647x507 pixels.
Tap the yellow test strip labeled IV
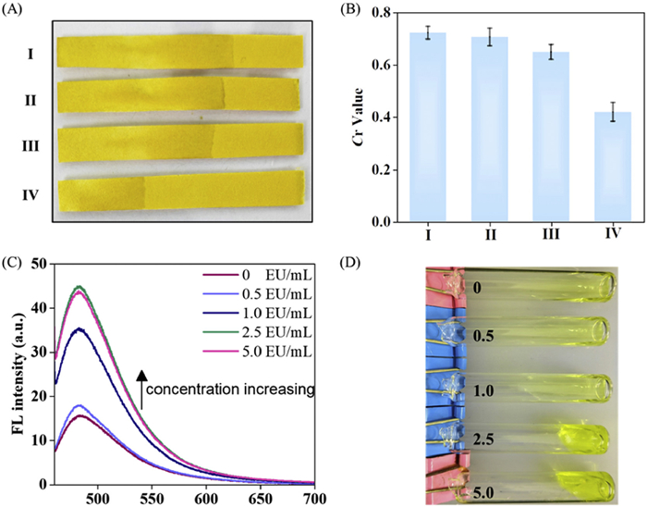click(181, 193)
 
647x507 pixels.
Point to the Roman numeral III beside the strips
click(31, 146)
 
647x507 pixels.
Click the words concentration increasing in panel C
click(232, 390)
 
